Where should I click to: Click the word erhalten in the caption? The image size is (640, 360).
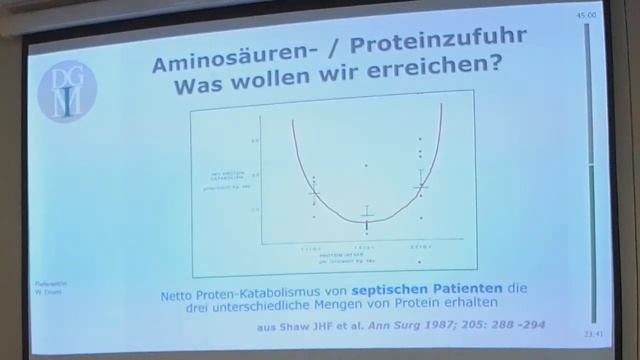(x=465, y=303)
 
